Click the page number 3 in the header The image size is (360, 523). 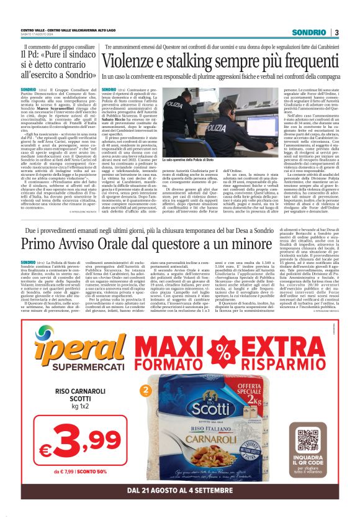336,32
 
